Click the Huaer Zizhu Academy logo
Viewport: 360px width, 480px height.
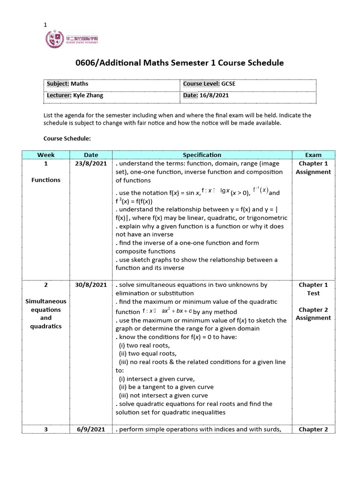pyautogui.click(x=72, y=39)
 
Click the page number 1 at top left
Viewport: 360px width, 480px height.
pyautogui.click(x=45, y=25)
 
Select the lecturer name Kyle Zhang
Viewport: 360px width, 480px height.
pyautogui.click(x=88, y=95)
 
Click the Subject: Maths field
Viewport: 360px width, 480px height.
pyautogui.click(x=67, y=84)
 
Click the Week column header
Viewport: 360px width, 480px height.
pyautogui.click(x=46, y=155)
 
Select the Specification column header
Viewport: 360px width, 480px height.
pyautogui.click(x=202, y=155)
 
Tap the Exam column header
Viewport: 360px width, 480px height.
pyautogui.click(x=313, y=155)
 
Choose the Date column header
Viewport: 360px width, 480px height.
pyautogui.click(x=91, y=155)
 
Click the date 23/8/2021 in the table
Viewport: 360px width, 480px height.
pyautogui.click(x=91, y=164)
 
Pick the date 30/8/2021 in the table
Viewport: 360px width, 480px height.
pyautogui.click(x=91, y=285)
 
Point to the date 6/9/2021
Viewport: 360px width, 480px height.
pyautogui.click(x=91, y=429)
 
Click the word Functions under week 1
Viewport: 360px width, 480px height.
pyautogui.click(x=46, y=180)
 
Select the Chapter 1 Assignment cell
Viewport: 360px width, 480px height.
pyautogui.click(x=313, y=168)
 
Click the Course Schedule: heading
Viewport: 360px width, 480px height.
pyautogui.click(x=67, y=139)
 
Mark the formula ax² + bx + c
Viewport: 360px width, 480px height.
pyautogui.click(x=177, y=311)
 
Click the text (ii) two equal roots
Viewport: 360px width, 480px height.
pyautogui.click(x=147, y=353)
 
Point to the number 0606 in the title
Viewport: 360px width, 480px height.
pyautogui.click(x=86, y=62)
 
